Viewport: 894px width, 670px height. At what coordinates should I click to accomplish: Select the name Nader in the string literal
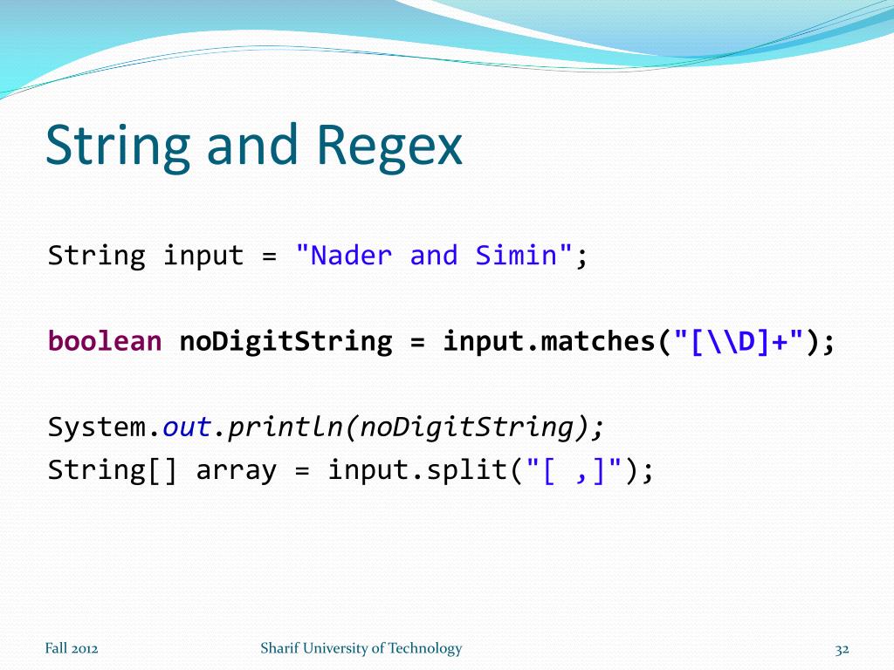pos(352,256)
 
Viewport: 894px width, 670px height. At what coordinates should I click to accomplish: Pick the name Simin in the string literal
pos(516,256)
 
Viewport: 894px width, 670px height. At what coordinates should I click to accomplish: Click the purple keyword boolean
pos(105,341)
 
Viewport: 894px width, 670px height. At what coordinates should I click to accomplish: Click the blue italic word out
pos(187,427)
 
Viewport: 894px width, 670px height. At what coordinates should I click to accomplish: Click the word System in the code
pos(96,427)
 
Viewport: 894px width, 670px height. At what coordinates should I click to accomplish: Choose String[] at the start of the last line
pos(113,470)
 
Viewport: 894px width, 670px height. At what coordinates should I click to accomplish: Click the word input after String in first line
pos(203,256)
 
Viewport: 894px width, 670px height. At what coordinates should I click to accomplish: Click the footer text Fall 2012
pos(72,648)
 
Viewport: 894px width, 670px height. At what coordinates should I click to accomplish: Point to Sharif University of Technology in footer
pos(361,648)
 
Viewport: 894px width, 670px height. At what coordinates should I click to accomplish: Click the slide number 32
pos(842,649)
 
